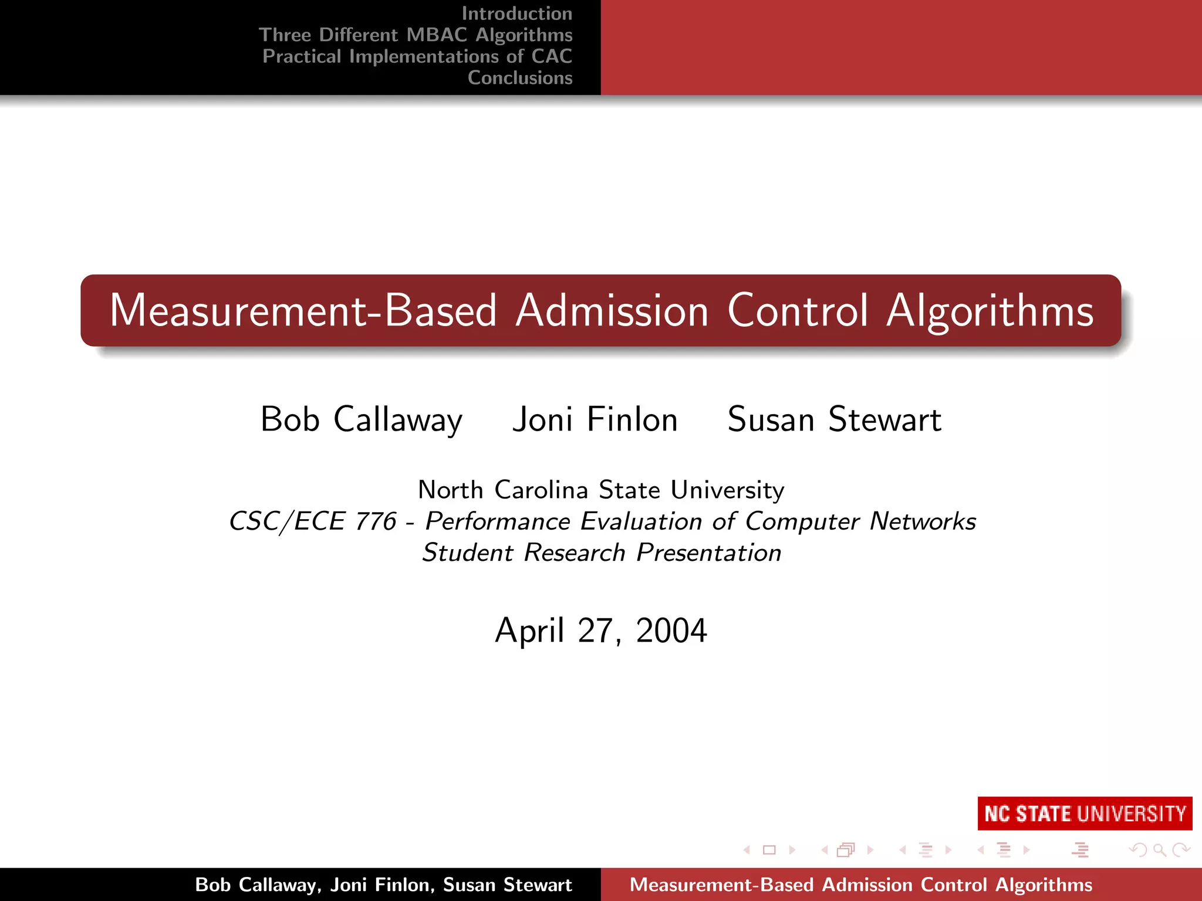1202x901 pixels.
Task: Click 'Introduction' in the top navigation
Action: pos(516,13)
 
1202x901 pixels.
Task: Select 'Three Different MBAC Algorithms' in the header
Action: pos(416,35)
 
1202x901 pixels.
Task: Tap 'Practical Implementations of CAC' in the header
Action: pos(417,56)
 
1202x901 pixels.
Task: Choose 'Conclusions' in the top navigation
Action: pos(520,78)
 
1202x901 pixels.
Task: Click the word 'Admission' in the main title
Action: pos(612,310)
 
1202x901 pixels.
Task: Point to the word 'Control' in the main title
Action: pos(798,310)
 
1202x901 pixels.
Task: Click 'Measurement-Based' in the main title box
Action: pos(303,310)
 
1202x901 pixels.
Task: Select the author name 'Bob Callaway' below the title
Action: pos(362,419)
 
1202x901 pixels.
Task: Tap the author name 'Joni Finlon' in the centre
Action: pos(595,419)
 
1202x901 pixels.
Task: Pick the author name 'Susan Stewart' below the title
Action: pos(834,419)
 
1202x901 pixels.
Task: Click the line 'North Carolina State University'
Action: pos(601,490)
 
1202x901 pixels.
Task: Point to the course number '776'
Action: pos(376,521)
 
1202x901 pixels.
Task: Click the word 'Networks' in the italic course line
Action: pos(923,521)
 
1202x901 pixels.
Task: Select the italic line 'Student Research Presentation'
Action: pos(602,553)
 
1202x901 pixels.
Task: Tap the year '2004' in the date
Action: pos(671,631)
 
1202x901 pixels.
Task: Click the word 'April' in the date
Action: pos(529,631)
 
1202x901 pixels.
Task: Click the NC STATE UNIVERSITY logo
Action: pos(1085,814)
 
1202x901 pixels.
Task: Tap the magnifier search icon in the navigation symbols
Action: pos(1159,850)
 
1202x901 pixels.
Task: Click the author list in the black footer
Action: pos(383,885)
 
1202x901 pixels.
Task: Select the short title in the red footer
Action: pos(861,885)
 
